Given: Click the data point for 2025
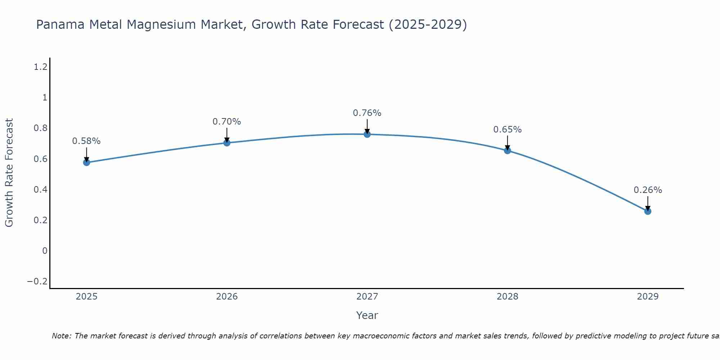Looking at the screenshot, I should coord(86,162).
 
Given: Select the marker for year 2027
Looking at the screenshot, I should coord(367,134).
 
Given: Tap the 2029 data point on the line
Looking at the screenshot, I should coord(648,211).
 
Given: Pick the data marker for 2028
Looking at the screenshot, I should coord(507,150).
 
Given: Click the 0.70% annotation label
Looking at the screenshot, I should coord(226,122).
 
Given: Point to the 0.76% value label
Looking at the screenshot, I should coord(367,113).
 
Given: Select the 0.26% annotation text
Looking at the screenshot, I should coord(648,190).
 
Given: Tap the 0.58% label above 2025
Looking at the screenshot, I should coord(86,141).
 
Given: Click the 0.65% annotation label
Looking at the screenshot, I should coord(507,130).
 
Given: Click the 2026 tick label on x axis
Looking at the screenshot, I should coord(227,297).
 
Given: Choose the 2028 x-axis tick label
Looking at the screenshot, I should coord(507,297).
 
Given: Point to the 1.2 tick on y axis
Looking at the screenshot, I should coord(41,67).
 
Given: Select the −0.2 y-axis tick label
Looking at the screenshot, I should coord(37,282).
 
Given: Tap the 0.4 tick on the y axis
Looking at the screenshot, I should coord(41,190).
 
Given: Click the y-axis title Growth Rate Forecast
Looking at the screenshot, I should coord(9,173).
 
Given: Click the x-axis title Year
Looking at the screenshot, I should coord(367,316).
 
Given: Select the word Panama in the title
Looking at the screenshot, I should coord(60,25).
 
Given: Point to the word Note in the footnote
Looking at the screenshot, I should coord(62,336).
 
